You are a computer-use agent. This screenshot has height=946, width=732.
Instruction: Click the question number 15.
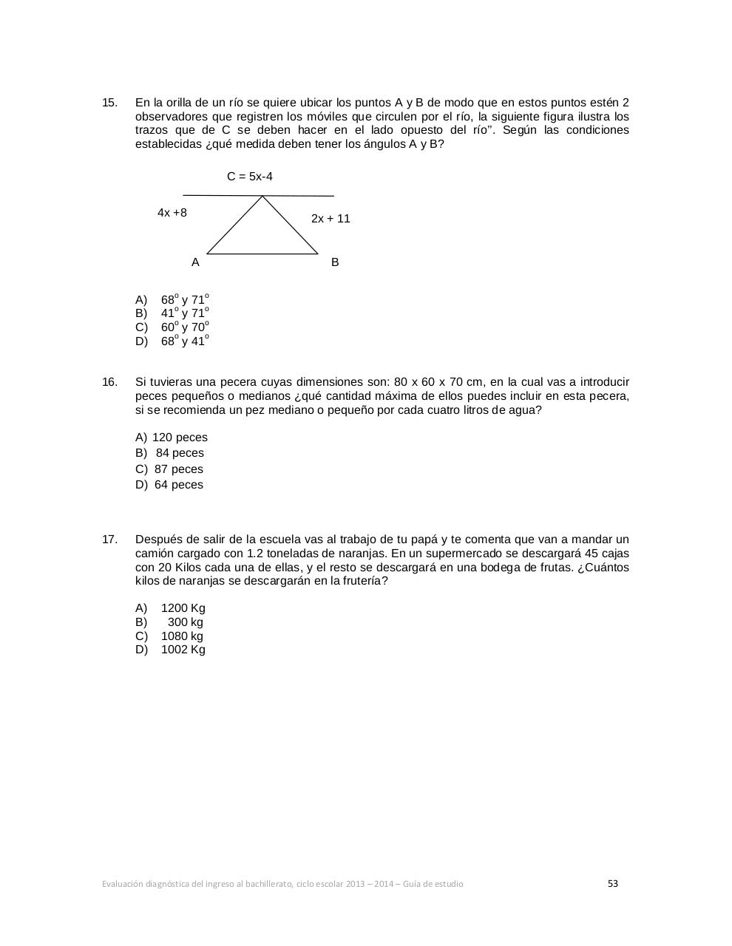tap(109, 102)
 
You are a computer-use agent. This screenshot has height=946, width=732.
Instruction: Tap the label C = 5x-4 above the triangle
tap(249, 177)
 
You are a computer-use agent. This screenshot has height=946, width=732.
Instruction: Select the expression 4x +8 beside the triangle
tap(172, 213)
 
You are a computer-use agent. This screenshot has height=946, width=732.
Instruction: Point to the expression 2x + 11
tap(331, 219)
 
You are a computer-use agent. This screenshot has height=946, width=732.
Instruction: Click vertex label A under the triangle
tap(195, 262)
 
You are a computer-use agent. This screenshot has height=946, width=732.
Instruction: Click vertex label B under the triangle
tap(335, 262)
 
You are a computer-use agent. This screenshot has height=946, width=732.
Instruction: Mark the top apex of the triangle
tap(262, 197)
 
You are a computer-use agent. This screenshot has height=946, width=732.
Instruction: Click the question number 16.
tap(109, 382)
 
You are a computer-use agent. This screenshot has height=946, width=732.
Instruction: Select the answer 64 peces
tap(178, 485)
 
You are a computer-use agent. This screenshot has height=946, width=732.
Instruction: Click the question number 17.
tap(109, 540)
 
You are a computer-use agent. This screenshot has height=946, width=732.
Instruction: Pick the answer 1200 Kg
tap(183, 608)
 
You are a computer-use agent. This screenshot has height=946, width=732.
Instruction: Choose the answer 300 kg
tap(185, 622)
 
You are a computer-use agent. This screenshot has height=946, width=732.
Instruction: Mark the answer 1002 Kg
tap(183, 650)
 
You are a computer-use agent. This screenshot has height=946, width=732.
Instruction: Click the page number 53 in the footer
tap(612, 883)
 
